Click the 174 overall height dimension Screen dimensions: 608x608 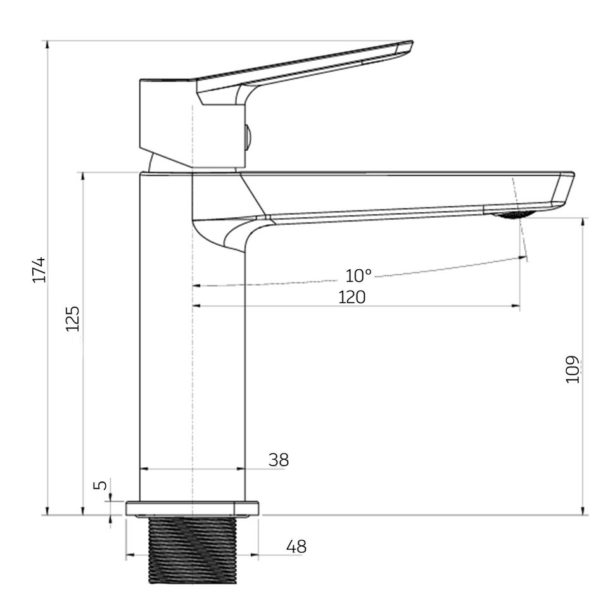[39, 270]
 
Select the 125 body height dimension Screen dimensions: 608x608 [72, 319]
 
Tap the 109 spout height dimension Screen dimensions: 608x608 [573, 369]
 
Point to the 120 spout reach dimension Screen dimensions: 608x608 [351, 298]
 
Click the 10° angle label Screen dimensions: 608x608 [358, 275]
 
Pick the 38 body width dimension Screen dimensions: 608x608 [279, 460]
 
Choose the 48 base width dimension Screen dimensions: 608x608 [296, 547]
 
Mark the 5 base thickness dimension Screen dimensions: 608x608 [101, 485]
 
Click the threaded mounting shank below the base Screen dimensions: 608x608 [193, 550]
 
